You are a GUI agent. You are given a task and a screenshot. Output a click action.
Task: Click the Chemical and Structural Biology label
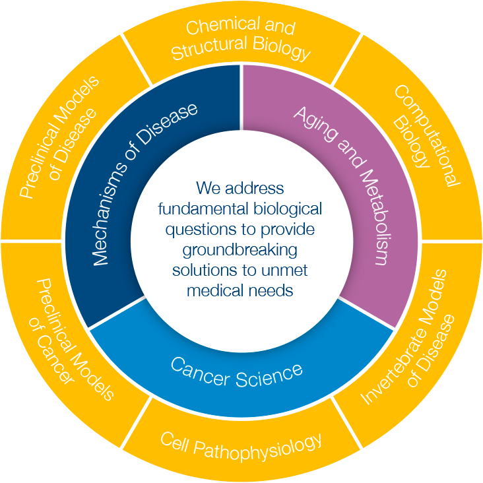[241, 40]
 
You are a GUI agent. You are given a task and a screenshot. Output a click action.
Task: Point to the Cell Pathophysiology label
[241, 443]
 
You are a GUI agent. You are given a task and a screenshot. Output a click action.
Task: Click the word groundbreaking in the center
[241, 250]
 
